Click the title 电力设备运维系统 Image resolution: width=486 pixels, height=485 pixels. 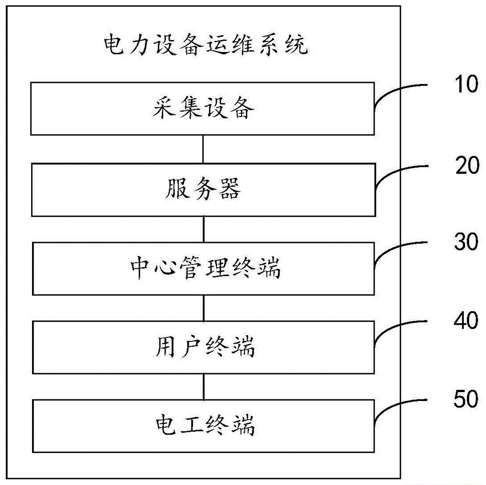[x=206, y=47]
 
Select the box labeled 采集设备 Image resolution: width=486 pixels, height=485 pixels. [x=203, y=109]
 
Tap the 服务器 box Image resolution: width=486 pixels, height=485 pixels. [x=203, y=190]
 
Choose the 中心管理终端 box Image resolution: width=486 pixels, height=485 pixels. [x=203, y=269]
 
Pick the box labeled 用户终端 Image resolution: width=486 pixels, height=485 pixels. [x=203, y=347]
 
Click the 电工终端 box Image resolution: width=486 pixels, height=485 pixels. [x=203, y=426]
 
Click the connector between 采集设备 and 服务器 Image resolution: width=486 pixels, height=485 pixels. [x=203, y=150]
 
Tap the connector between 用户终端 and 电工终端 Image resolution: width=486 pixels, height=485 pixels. [x=203, y=387]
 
